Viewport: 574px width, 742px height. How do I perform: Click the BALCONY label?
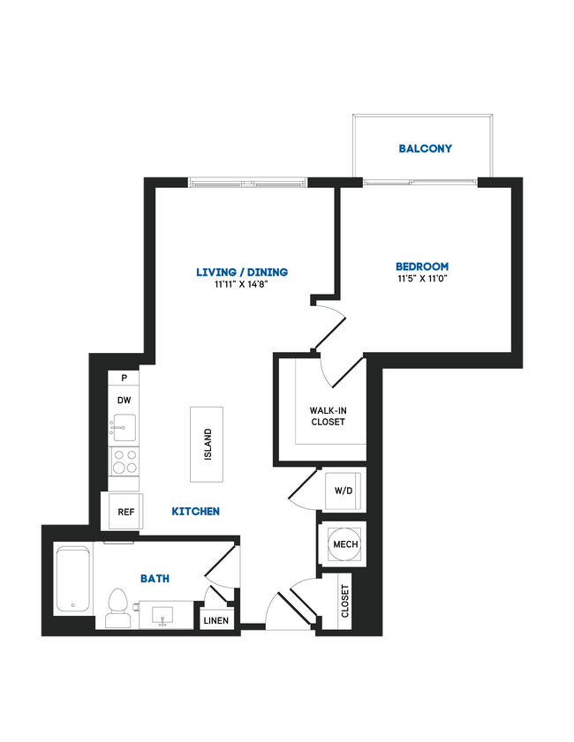[x=425, y=149]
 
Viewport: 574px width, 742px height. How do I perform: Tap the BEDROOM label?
[x=421, y=266]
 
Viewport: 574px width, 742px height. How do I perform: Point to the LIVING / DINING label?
[x=242, y=272]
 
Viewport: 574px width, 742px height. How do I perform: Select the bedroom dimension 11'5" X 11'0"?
[x=421, y=279]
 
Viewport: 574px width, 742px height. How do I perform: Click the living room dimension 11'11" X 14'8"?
[x=242, y=284]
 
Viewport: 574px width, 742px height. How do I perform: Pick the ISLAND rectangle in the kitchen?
[x=208, y=445]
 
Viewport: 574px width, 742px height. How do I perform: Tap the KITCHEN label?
[x=195, y=512]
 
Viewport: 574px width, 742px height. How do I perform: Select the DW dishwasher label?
[x=125, y=399]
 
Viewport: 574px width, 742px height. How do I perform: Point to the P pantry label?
[x=125, y=378]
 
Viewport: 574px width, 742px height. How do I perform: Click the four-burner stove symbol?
[x=125, y=461]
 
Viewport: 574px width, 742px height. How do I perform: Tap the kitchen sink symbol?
[x=125, y=428]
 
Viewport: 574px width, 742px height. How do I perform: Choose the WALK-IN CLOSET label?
[x=327, y=416]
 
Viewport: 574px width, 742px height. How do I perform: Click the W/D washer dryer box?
[x=343, y=491]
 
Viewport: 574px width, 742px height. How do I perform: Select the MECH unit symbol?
[x=344, y=544]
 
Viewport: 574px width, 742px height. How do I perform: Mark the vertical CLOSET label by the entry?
[x=344, y=602]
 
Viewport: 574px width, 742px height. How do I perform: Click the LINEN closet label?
[x=216, y=620]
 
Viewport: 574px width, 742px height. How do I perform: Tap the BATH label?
[x=155, y=579]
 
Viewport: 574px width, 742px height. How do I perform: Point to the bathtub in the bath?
[x=72, y=581]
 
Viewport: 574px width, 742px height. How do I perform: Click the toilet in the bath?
[x=117, y=609]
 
